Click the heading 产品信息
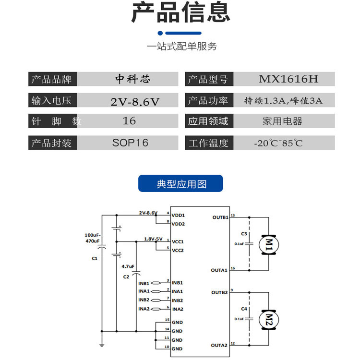pos(180,13)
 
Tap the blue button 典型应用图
pos(180,184)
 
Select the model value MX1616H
pos(288,79)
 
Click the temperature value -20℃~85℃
pos(278,143)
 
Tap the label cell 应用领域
pos(208,121)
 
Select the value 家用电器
pos(282,121)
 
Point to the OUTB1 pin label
pos(220,217)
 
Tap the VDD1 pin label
pos(178,216)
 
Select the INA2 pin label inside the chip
pos(178,309)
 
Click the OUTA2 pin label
pos(219,345)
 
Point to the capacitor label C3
pos(244,234)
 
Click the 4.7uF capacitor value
pos(128,266)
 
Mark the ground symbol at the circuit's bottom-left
pos(102,344)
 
